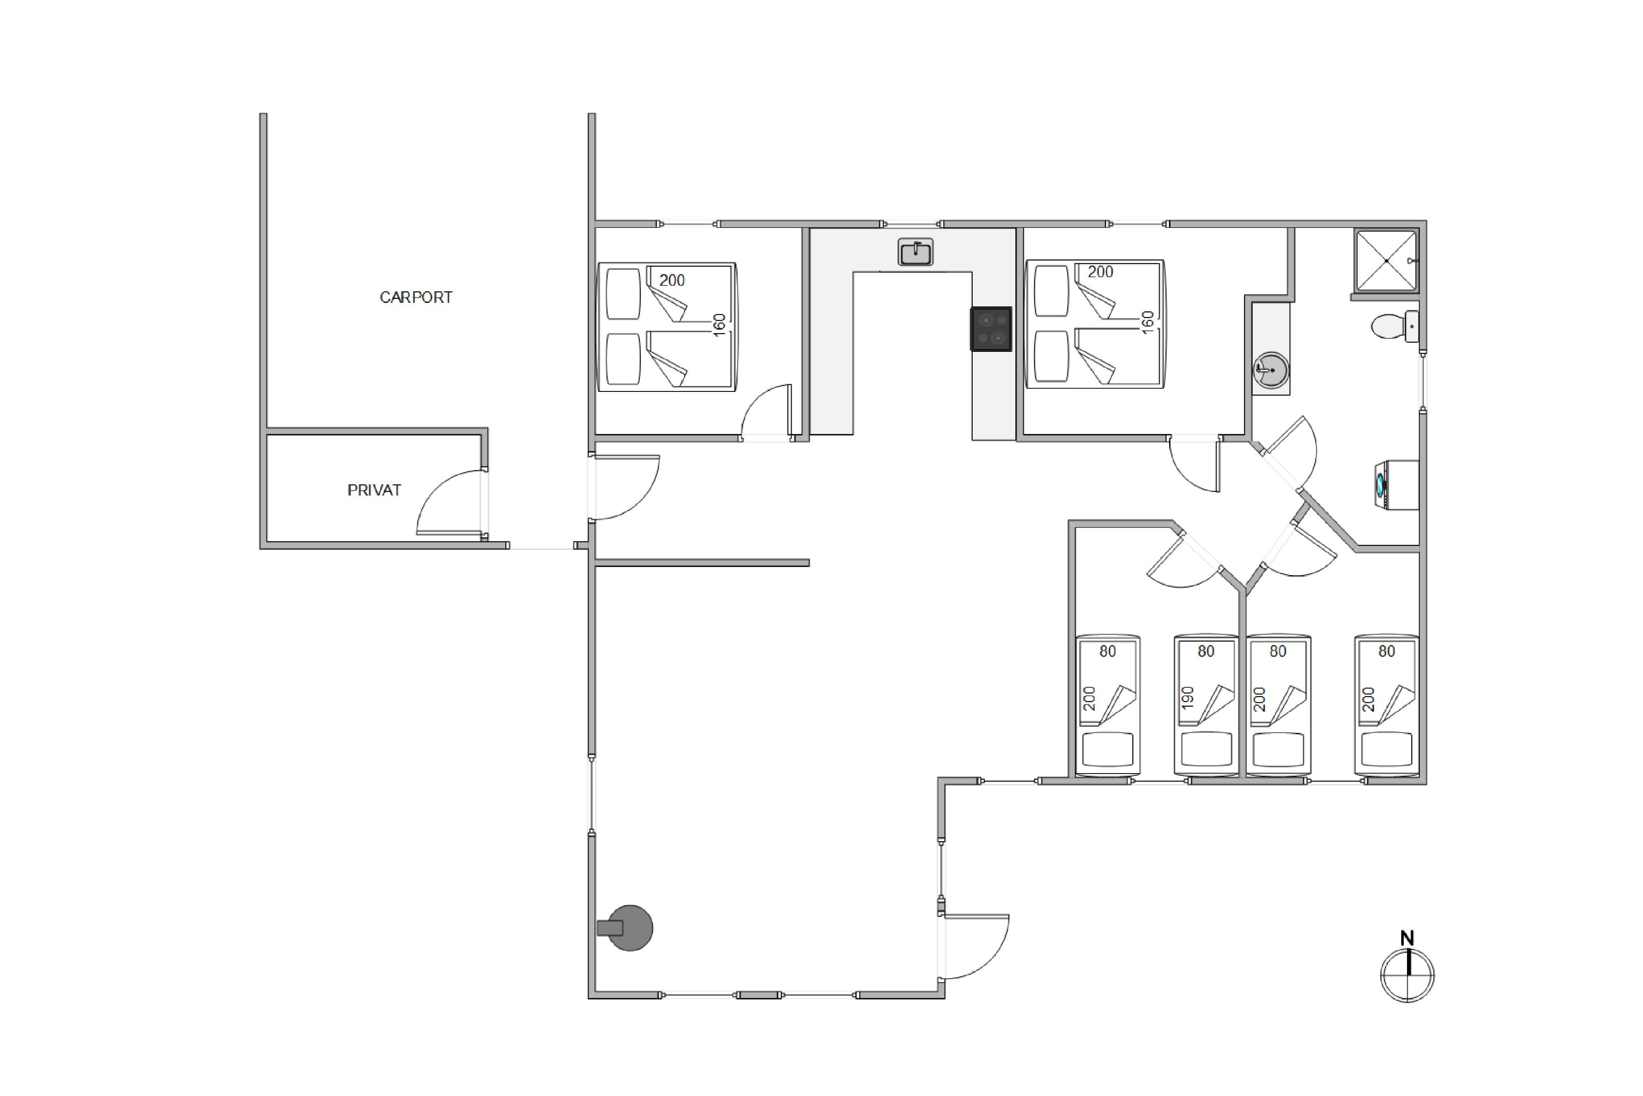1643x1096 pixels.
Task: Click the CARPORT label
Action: point(416,297)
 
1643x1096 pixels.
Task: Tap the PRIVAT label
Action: point(374,490)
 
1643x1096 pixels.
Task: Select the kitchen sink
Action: point(915,252)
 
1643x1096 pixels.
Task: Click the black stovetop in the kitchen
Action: point(990,329)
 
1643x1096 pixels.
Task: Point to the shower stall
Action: point(1386,260)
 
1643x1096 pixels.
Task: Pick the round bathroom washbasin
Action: point(1270,369)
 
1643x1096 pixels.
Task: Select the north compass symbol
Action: point(1407,975)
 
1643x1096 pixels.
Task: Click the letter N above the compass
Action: point(1407,938)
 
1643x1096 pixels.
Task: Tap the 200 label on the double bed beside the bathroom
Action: point(1100,272)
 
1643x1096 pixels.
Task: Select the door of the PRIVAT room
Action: point(451,502)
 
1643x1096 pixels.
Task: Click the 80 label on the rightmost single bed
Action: point(1387,652)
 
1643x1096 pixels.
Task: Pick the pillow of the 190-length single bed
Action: point(1206,749)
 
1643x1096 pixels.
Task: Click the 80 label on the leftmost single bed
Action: point(1108,652)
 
